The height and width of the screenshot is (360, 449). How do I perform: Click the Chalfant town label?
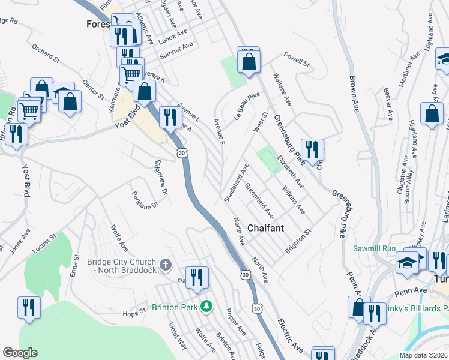coord(267,229)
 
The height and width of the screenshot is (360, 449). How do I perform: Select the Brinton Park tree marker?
coord(206,307)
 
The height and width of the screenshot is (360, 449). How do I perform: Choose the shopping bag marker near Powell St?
coord(249,61)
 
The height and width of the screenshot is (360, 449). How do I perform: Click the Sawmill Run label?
coord(374,248)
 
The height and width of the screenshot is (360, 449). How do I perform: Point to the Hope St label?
coord(134,313)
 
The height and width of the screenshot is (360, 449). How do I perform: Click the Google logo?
coord(20,353)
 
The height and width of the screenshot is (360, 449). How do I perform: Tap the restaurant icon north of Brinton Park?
coord(197,278)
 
